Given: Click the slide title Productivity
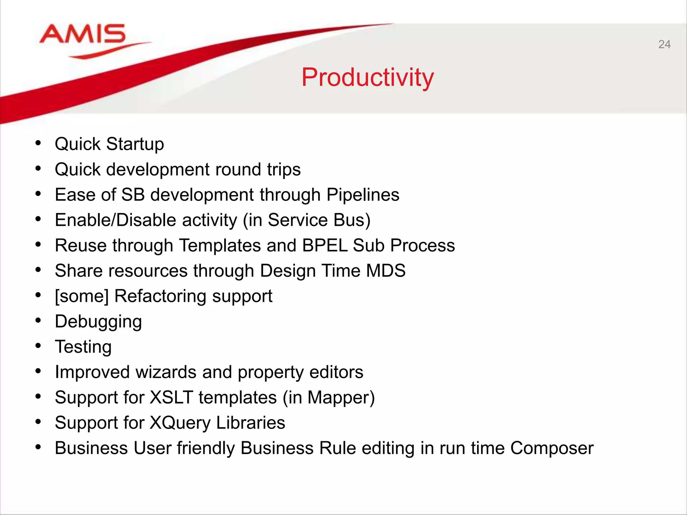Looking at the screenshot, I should tap(367, 77).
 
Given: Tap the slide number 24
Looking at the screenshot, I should tap(664, 44).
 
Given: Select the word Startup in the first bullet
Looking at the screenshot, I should tap(135, 144).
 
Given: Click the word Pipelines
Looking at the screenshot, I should tap(363, 195).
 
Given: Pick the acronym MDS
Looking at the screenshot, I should tap(386, 271).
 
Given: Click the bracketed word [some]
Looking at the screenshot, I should tap(82, 296).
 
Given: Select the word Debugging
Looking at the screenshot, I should tap(98, 322).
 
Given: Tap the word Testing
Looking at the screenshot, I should tap(83, 347).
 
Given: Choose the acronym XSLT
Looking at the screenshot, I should tap(171, 398).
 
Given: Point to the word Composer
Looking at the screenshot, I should tap(552, 448).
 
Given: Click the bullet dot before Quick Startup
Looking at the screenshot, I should tap(38, 143).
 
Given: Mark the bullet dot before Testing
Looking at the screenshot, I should tap(38, 346).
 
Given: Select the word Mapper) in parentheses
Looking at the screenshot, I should tap(341, 398).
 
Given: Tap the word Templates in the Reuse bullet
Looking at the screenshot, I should tap(220, 245).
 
